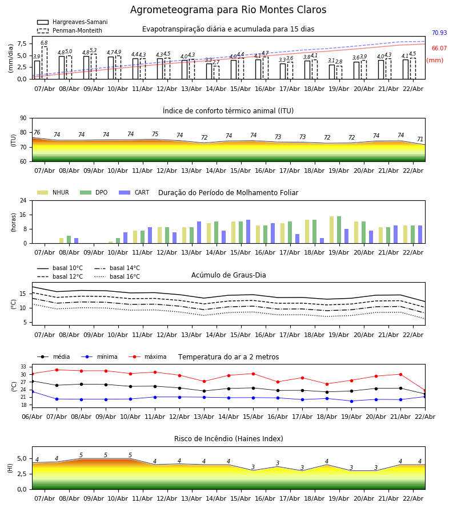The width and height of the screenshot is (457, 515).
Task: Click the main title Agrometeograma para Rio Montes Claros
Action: tap(228, 10)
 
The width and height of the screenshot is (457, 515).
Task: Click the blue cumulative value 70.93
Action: tap(439, 33)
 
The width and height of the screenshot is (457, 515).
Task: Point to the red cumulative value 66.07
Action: tap(439, 49)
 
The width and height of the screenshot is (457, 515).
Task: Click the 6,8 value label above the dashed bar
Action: tap(44, 43)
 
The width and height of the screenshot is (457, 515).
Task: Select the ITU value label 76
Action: tap(37, 133)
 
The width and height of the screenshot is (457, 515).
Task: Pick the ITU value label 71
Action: tap(420, 140)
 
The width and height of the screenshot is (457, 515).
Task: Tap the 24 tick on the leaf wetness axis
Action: tap(26, 201)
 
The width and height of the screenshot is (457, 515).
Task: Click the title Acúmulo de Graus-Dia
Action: tap(228, 275)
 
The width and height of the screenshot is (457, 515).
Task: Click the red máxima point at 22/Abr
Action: tap(425, 391)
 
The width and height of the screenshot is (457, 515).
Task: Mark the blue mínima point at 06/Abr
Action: tap(32, 391)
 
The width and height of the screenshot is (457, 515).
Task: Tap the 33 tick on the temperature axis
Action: tap(24, 367)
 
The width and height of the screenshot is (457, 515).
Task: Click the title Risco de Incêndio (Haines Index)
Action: tap(228, 439)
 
